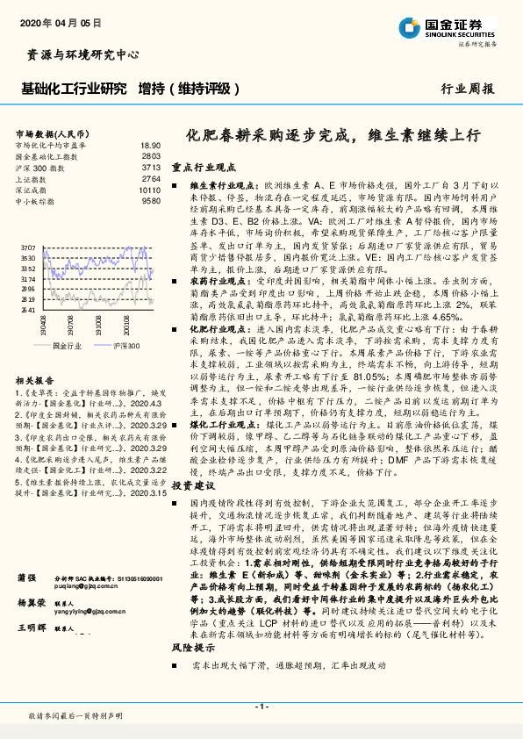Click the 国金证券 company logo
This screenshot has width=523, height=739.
coord(456,26)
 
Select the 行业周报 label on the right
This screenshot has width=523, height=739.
coord(467,89)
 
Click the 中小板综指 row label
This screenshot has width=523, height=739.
coord(36,201)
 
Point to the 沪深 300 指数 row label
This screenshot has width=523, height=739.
coord(39,167)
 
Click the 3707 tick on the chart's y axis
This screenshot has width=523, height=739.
coord(28,248)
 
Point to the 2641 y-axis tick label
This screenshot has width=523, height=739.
coord(28,309)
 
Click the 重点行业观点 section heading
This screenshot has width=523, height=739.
coord(204,165)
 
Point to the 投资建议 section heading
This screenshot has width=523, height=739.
coord(192,484)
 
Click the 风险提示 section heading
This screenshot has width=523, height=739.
coord(192,646)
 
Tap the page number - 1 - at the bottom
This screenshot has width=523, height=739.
coord(261,707)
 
